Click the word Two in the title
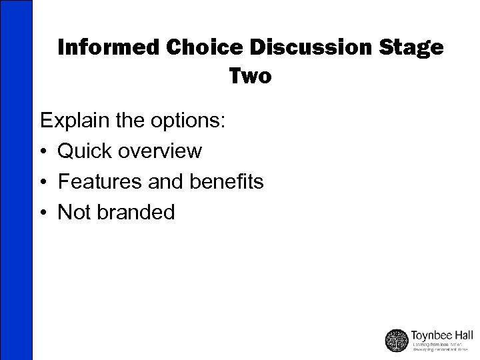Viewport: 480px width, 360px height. click(x=251, y=77)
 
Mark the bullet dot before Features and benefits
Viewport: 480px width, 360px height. click(x=45, y=182)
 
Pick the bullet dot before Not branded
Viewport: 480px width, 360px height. click(x=45, y=213)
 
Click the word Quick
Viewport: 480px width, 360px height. click(x=86, y=151)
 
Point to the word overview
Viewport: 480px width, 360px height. click(x=161, y=151)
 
